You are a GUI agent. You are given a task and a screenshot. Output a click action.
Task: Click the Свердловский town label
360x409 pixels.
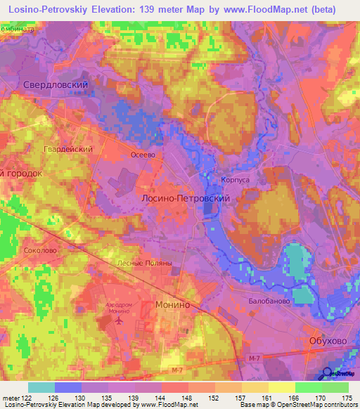pos(60,84)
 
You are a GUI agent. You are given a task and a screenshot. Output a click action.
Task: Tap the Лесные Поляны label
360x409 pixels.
pos(144,262)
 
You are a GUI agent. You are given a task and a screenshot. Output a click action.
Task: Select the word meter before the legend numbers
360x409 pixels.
pos(11,398)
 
